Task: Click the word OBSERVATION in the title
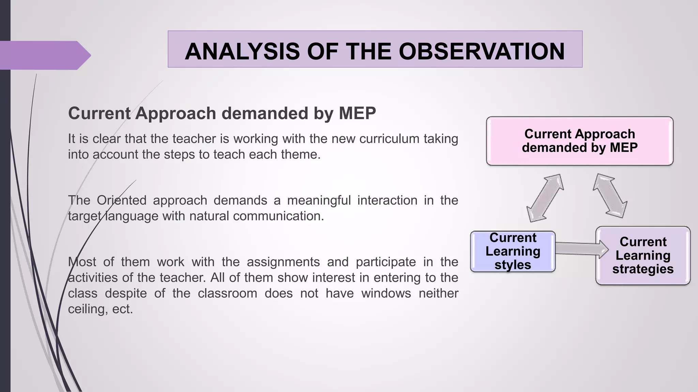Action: coord(482,51)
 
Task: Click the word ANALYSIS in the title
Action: coord(241,51)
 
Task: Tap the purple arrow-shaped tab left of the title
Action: coord(44,55)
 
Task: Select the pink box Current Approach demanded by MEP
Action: coord(579,141)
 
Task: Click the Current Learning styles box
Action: coord(513,251)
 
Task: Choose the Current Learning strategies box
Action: coord(643,255)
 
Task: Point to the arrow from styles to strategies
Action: coord(581,249)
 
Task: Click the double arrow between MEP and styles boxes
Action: coord(545,198)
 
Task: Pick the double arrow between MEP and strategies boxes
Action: coord(610,196)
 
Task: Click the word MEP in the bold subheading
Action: coord(357,113)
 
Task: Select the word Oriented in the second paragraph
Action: coord(121,200)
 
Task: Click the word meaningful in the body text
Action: coord(319,200)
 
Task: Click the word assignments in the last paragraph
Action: coord(283,262)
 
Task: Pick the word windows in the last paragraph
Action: coord(386,293)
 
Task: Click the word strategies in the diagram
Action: coord(643,269)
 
